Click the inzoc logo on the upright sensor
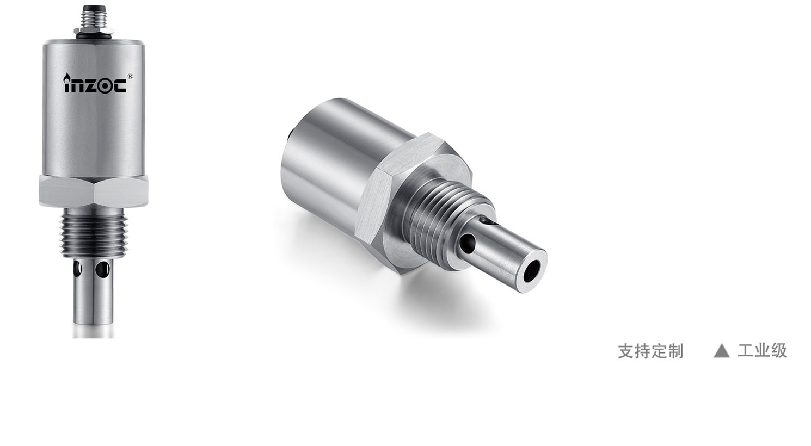95,84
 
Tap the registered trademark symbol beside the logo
130,76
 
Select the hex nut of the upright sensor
94,191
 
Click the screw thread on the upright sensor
94,235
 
